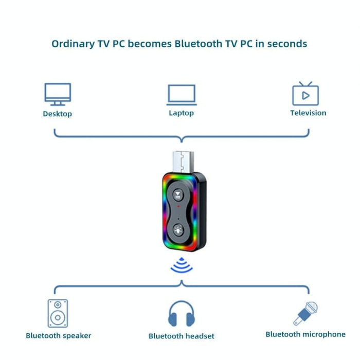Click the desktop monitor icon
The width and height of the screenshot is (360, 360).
(58, 95)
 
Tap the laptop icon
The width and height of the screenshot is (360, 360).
(182, 95)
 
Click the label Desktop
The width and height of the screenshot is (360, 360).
(58, 114)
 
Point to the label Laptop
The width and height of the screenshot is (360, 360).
(182, 113)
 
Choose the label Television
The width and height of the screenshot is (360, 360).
(308, 113)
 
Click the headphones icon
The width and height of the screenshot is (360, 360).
(182, 314)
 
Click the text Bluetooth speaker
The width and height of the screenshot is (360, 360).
(59, 336)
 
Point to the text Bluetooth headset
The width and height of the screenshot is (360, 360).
(182, 336)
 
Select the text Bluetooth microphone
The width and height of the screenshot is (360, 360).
(305, 334)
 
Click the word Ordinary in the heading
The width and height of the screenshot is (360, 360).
(73, 44)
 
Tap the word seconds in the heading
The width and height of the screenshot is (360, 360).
(286, 44)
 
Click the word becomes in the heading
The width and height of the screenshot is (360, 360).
(150, 44)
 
